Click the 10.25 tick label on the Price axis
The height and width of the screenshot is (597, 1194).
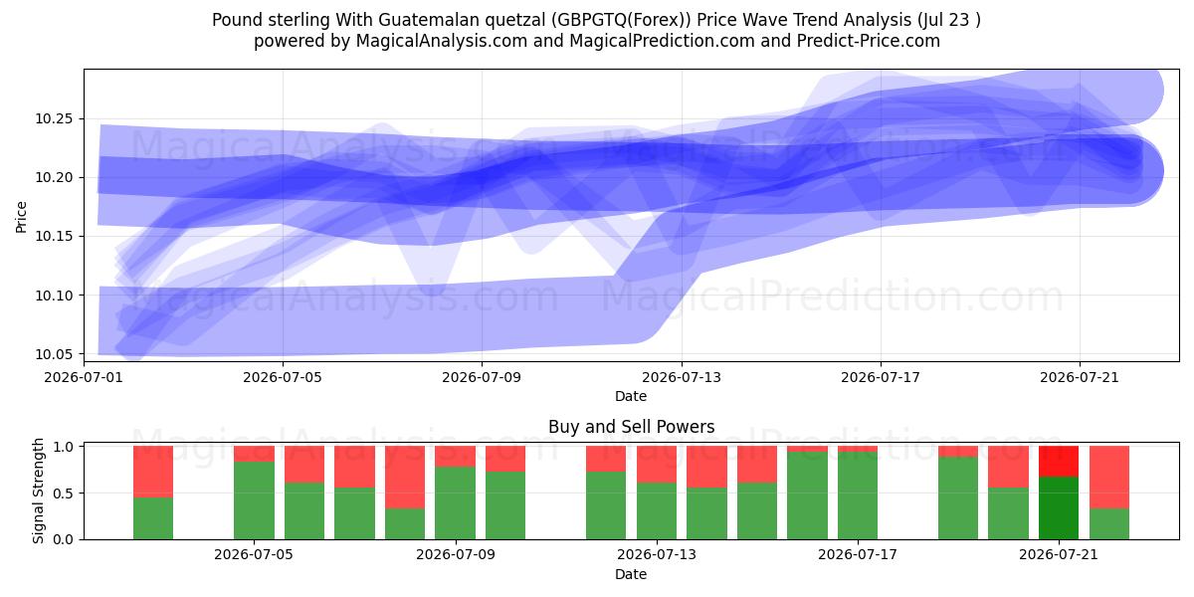point(54,118)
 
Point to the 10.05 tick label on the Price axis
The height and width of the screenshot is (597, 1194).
point(54,354)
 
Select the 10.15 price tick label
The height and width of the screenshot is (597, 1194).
point(54,237)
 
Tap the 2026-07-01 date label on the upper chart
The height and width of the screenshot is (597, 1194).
point(84,378)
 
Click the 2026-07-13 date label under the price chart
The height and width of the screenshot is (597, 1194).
point(682,378)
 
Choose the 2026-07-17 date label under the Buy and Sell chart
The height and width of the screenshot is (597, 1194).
point(858,555)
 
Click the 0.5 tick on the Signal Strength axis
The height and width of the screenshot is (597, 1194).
point(64,494)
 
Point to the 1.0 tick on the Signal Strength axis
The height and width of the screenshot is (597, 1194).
point(64,447)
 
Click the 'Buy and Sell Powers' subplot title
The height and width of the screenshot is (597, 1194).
point(631,427)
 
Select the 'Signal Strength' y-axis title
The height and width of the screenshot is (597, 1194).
point(38,492)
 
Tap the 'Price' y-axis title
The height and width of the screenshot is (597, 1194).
point(21,217)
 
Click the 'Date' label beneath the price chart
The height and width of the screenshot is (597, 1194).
point(631,397)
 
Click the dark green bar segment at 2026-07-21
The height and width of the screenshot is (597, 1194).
point(1059,508)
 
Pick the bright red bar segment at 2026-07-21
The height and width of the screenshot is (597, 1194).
point(1059,462)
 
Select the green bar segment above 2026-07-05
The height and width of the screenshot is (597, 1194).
point(255,500)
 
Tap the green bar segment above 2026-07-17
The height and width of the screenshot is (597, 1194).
point(858,496)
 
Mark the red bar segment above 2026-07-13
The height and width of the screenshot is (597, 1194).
point(657,465)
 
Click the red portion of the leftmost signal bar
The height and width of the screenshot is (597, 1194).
point(153,472)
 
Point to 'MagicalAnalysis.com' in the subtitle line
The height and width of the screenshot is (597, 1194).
point(442,42)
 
